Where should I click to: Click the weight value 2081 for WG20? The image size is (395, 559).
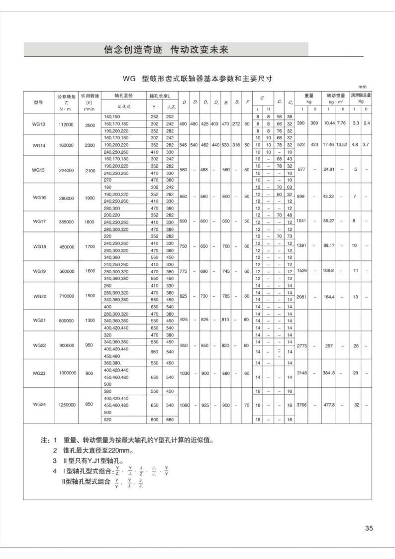[x=301, y=297]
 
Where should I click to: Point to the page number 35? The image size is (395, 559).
[x=369, y=528]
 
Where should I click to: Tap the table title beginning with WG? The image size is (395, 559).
[x=197, y=79]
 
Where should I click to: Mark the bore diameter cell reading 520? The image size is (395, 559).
[x=108, y=420]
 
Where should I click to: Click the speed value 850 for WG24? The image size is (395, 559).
[x=89, y=405]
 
